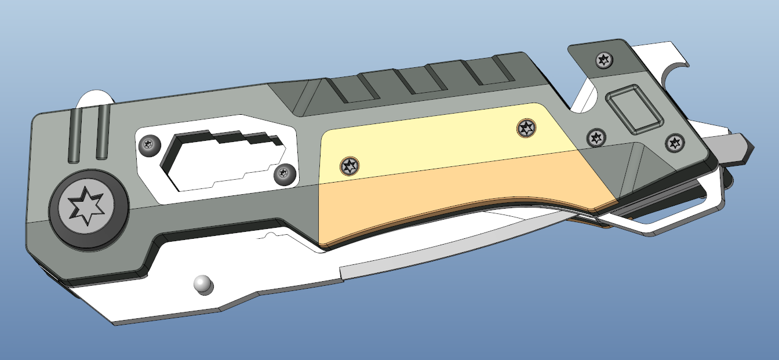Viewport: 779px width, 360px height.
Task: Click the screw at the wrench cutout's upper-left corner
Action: point(151,144)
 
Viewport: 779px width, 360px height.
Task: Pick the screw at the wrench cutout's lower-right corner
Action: point(284,173)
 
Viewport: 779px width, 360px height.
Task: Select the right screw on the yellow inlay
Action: point(526,128)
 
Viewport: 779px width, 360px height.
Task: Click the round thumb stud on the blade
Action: point(202,283)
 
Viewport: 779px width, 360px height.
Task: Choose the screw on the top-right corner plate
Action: point(604,60)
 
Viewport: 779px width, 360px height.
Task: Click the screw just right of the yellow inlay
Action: point(596,138)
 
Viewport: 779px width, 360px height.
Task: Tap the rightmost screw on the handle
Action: point(674,143)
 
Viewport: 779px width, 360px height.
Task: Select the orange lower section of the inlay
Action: point(452,197)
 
